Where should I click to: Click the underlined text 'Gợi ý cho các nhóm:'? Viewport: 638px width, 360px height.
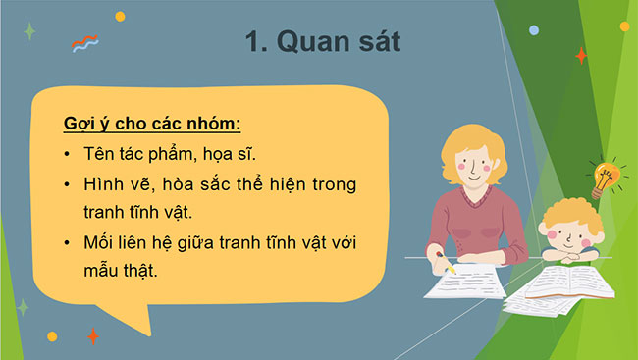(x=152, y=126)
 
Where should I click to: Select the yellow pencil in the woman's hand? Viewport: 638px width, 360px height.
(x=447, y=266)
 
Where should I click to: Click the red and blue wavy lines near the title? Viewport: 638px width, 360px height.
(x=85, y=43)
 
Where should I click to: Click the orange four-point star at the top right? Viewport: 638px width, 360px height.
(x=581, y=56)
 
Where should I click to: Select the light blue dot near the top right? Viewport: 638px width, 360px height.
(x=534, y=30)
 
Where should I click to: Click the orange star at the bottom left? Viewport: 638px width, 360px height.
(x=93, y=336)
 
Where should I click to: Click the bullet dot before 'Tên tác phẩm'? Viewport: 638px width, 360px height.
(x=65, y=156)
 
